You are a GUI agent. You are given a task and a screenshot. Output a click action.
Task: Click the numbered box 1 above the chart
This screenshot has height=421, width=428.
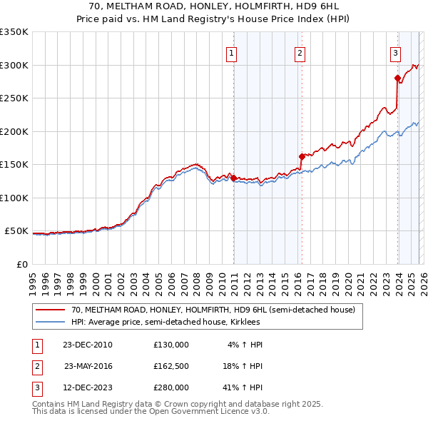coord(233,53)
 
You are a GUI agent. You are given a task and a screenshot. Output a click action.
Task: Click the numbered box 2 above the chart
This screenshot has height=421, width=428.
coord(300,53)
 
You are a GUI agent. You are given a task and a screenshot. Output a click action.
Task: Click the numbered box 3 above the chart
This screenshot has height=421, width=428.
coord(395,53)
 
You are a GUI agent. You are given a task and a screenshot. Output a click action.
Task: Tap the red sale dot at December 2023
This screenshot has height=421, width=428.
coord(397,78)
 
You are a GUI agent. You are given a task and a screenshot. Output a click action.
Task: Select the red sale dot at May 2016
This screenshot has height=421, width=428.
coord(302,156)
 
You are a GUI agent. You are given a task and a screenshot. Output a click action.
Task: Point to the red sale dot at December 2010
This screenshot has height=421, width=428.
coord(233,178)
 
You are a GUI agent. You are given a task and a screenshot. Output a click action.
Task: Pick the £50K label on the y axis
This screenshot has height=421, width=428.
coord(17,231)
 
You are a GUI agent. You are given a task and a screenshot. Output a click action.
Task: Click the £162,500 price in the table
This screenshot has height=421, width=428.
coord(170,366)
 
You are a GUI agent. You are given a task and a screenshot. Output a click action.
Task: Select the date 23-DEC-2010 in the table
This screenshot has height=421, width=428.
coord(87,345)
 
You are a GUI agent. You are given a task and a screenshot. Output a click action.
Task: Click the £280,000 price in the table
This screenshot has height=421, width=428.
coord(170,387)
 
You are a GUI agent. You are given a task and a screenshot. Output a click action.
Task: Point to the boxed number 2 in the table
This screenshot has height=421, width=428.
coord(36,366)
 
